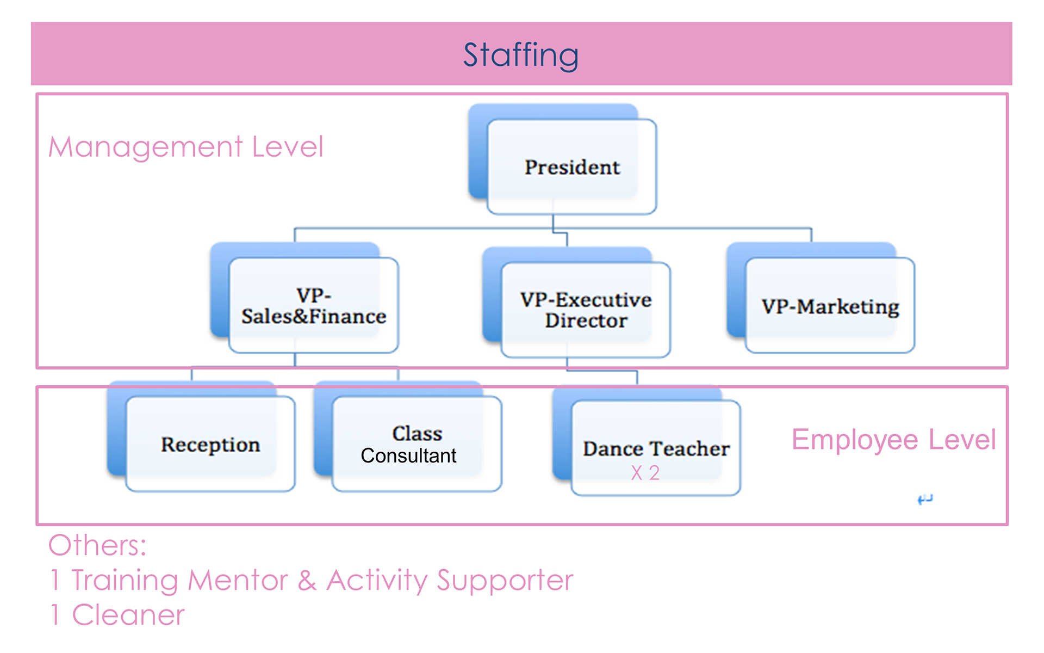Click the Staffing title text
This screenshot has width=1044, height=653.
(x=520, y=55)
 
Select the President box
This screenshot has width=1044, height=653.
(x=571, y=167)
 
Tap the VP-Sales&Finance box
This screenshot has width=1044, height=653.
(x=314, y=305)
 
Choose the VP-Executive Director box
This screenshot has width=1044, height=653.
(x=586, y=310)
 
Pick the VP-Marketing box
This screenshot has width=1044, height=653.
(x=830, y=306)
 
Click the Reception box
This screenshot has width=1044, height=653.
(x=210, y=444)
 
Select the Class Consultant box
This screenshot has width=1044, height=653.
(x=417, y=444)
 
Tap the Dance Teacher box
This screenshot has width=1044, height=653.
(x=656, y=448)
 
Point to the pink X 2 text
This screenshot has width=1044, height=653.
(x=645, y=473)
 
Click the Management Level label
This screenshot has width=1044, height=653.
(x=186, y=147)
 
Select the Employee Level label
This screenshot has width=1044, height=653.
(x=893, y=440)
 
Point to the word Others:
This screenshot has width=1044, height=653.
(x=97, y=545)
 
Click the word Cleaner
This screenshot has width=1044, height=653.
(x=128, y=615)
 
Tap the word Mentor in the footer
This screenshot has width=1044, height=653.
(x=238, y=580)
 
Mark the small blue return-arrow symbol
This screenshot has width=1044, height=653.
(x=924, y=499)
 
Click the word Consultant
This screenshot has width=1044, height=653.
(x=408, y=455)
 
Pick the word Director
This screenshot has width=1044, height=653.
(x=586, y=321)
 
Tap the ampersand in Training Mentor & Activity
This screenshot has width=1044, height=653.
(x=307, y=580)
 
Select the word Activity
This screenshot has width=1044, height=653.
(x=377, y=580)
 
